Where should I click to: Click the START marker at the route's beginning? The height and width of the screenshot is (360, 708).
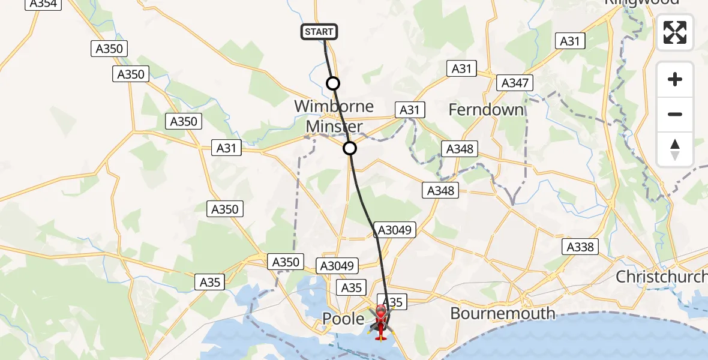click(x=319, y=32)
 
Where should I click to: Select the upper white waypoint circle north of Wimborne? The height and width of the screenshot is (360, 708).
click(x=333, y=83)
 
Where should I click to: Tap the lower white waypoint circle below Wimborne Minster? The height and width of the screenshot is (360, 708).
click(x=350, y=148)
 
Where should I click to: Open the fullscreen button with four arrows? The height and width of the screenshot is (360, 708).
click(x=675, y=32)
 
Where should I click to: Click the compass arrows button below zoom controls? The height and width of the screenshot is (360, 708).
click(x=675, y=149)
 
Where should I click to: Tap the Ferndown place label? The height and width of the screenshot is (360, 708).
click(x=486, y=110)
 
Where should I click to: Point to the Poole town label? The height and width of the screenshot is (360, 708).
click(x=343, y=319)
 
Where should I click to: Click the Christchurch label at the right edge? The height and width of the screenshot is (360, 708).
click(x=662, y=277)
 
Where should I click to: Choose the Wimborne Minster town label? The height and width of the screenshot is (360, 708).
click(x=334, y=116)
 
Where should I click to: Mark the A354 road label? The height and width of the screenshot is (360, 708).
click(x=43, y=4)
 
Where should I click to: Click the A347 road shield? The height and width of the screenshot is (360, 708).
click(x=515, y=83)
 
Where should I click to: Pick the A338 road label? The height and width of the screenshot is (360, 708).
click(x=580, y=247)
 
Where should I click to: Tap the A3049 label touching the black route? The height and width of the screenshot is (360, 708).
click(x=394, y=229)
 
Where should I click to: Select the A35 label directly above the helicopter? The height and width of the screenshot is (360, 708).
click(x=392, y=302)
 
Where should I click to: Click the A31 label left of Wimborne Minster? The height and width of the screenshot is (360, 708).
click(x=226, y=148)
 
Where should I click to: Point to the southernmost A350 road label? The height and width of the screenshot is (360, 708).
click(x=285, y=262)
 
